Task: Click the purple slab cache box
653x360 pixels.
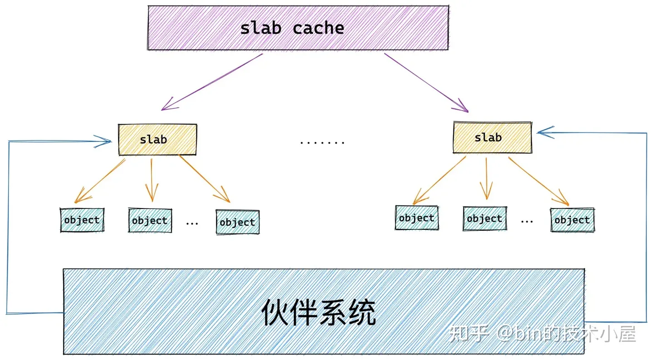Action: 298,28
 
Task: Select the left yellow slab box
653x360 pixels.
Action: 157,140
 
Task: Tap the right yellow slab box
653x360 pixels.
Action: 492,137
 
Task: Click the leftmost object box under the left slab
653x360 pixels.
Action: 82,220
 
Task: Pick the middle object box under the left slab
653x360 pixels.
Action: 150,221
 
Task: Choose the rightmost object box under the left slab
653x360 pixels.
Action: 238,222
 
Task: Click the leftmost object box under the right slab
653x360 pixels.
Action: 417,218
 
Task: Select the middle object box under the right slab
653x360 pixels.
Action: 485,219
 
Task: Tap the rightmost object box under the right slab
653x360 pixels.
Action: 572,220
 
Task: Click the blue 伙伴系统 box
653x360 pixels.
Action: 323,311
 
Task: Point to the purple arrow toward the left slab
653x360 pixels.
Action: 212,82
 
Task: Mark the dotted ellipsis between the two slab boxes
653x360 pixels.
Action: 322,142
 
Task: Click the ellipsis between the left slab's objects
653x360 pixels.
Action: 192,223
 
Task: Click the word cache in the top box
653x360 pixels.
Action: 318,29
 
